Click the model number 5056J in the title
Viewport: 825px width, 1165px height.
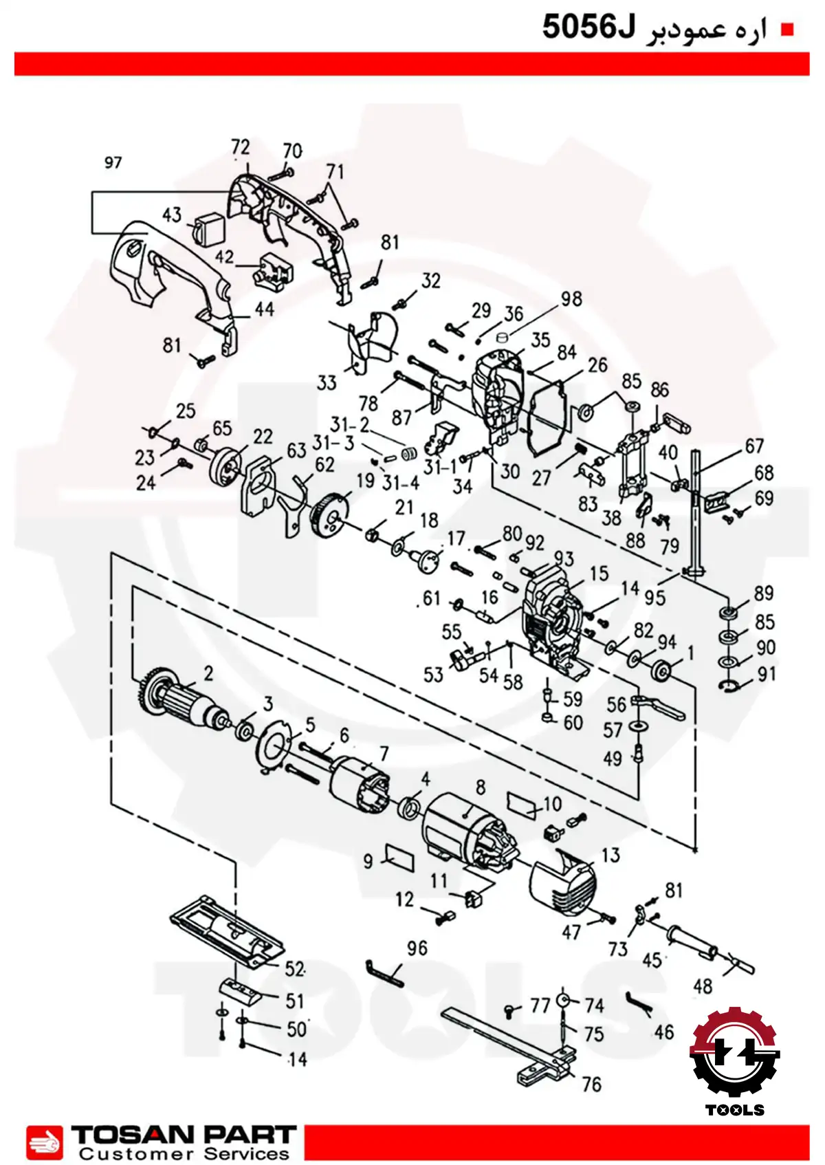(x=588, y=27)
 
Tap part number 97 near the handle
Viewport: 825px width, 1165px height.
(x=113, y=163)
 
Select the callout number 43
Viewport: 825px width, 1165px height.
(x=172, y=215)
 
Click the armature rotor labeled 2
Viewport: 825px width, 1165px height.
(x=184, y=701)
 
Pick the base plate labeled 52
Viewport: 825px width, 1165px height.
(x=228, y=933)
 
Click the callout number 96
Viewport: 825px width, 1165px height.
(x=417, y=948)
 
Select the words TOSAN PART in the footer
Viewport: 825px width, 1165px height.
(x=184, y=1133)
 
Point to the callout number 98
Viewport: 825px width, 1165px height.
(x=571, y=299)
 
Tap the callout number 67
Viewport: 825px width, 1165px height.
(x=753, y=446)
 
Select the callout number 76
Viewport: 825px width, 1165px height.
(x=591, y=1085)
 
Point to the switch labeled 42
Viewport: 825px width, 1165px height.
(x=273, y=269)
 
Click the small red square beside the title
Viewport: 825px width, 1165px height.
(x=787, y=30)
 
